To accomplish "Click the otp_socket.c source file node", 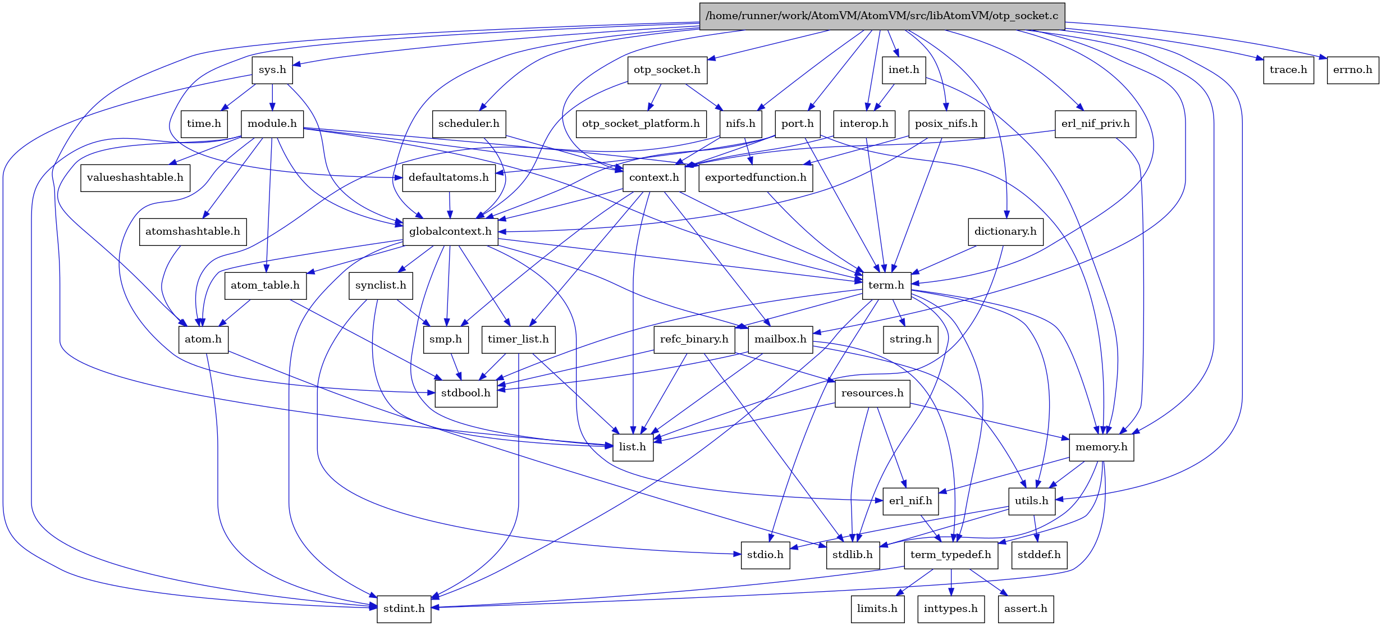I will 881,16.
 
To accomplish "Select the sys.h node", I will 272,70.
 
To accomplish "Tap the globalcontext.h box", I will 450,231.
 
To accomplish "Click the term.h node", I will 886,285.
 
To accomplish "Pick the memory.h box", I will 1101,447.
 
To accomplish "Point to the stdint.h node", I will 404,609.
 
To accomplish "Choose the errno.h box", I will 1352,70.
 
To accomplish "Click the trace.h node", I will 1288,70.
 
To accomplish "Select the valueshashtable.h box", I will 135,177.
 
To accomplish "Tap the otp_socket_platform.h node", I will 640,124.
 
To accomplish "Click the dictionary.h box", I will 1005,231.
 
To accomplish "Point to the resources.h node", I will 872,393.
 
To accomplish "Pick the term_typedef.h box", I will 950,555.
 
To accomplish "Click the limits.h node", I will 877,609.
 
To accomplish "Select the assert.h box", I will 1026,609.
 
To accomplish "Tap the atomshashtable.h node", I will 193,231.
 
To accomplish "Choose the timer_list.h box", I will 518,339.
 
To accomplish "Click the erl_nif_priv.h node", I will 1095,124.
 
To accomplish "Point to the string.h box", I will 910,339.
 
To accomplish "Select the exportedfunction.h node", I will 755,177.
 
